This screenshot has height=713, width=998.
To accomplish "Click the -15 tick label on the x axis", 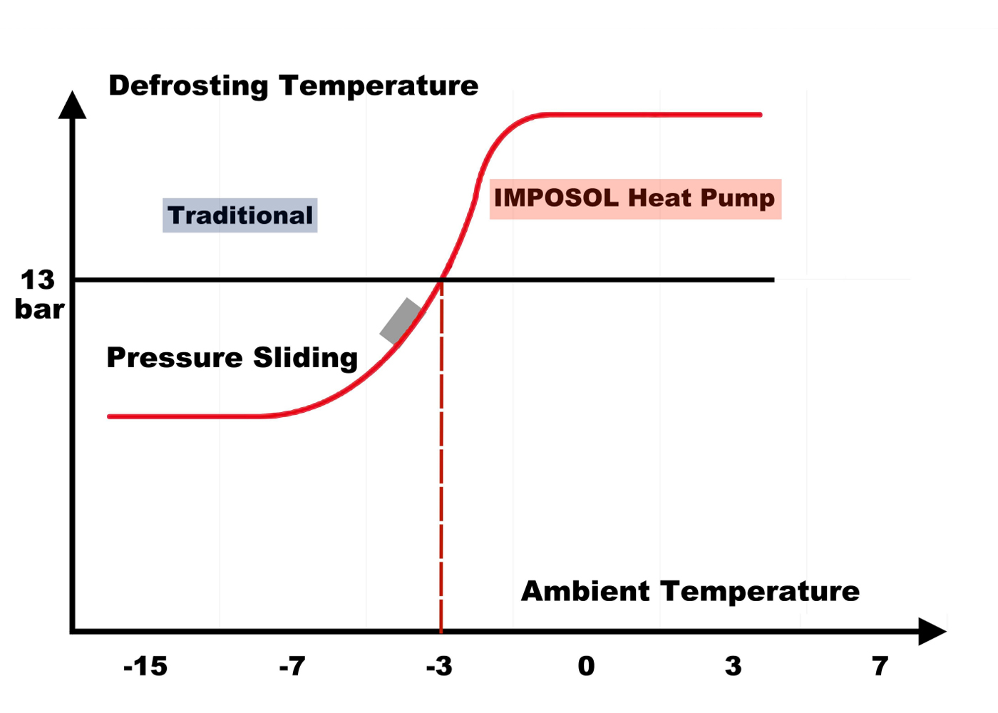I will (x=145, y=667).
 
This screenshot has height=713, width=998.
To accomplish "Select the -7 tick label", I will (x=292, y=667).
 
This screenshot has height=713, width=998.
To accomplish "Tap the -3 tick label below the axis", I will (x=439, y=667).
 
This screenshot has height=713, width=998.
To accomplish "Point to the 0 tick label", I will (x=586, y=667).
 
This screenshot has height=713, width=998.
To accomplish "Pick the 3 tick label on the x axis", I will (x=733, y=667).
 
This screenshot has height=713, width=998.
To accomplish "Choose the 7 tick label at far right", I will (x=880, y=667).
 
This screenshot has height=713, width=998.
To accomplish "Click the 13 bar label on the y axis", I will (x=38, y=294).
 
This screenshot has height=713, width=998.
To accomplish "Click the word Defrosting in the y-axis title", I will (x=188, y=86).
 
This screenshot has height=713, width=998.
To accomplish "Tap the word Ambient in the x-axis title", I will (x=585, y=592).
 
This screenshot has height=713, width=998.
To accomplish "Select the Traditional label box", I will (x=240, y=215).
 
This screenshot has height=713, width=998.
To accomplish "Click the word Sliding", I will (x=306, y=358).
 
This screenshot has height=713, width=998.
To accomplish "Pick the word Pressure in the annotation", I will (x=175, y=357).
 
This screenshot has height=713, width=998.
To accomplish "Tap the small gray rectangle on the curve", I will (x=401, y=321).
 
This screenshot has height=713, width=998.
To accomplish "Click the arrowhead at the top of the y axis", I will (x=72, y=105).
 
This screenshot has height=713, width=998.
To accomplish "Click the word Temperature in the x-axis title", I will (x=760, y=592).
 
